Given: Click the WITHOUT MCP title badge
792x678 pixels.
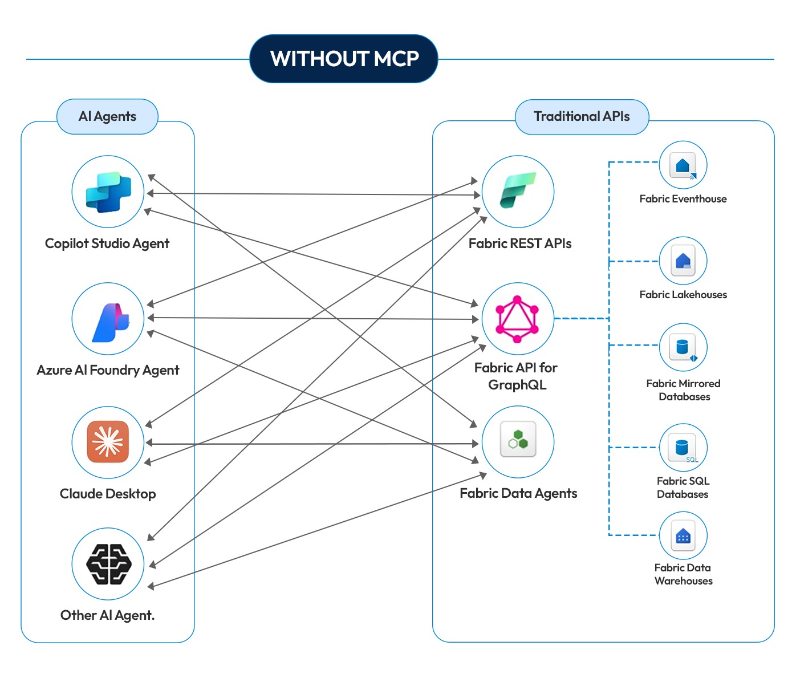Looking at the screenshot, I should (344, 59).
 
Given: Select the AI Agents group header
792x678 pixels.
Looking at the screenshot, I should (107, 116).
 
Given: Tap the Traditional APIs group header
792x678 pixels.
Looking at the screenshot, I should (582, 116).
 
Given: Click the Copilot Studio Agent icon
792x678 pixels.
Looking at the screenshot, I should (108, 192).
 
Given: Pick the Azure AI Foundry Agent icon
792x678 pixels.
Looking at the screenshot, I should (108, 319).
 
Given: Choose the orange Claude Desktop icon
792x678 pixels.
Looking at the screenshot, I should (108, 442).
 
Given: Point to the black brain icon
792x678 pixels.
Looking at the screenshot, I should (108, 563).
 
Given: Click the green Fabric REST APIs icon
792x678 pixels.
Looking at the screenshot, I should (518, 191).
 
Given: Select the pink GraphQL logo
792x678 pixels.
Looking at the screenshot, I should (517, 319).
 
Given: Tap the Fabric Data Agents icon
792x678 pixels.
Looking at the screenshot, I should (518, 442).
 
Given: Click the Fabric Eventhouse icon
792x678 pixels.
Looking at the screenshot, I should (683, 165).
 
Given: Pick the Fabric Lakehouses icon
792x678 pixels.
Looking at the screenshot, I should (683, 261).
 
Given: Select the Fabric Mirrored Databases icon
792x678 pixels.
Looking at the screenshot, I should (683, 347).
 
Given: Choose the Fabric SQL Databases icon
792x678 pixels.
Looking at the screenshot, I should (683, 448).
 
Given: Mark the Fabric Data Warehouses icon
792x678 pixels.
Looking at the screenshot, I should (683, 535).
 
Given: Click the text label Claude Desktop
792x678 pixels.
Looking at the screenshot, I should (108, 494).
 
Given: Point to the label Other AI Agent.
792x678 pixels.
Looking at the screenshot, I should (107, 615).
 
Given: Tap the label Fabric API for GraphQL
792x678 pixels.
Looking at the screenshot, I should (517, 376).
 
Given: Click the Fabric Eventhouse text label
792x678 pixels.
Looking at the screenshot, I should (683, 199).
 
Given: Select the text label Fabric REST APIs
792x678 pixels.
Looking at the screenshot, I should (519, 243).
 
